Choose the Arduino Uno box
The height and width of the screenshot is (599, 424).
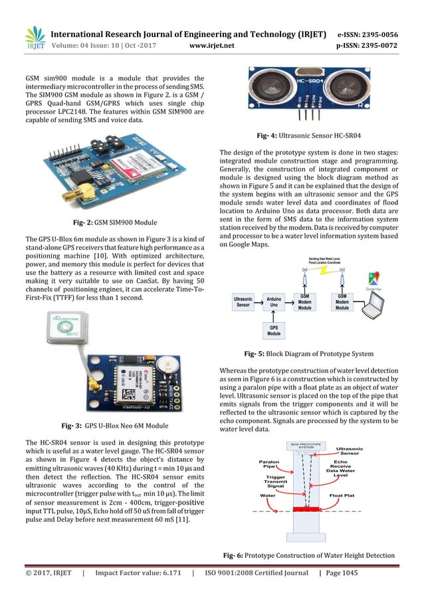[x=272, y=302]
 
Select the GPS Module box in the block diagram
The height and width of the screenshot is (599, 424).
[x=272, y=330]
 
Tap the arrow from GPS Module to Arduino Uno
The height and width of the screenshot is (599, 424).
[x=272, y=317]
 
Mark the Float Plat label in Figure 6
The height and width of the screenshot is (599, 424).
[x=341, y=495]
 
